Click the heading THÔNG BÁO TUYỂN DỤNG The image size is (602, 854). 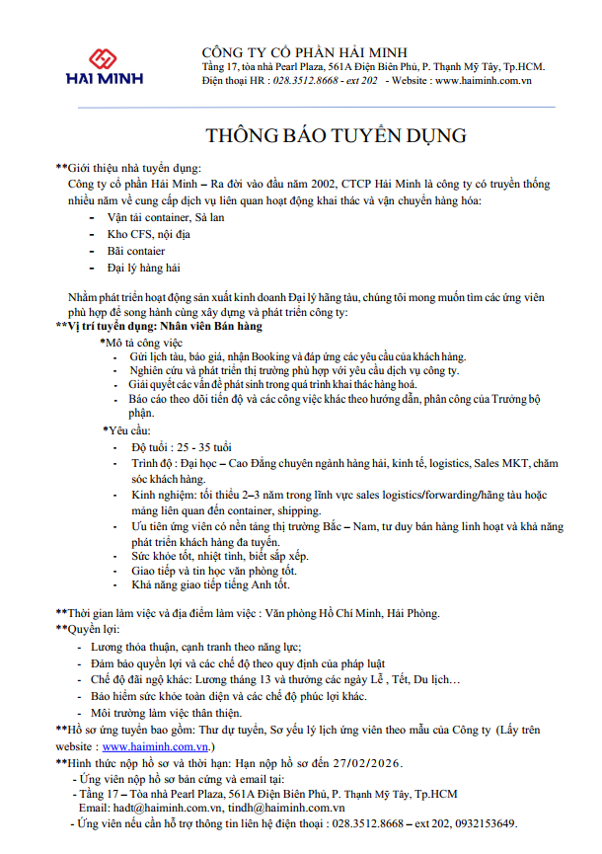click(x=336, y=135)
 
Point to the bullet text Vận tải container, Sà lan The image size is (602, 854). click(x=165, y=215)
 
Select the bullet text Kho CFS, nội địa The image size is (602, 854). click(x=149, y=233)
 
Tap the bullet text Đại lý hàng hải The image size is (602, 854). click(x=144, y=268)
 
